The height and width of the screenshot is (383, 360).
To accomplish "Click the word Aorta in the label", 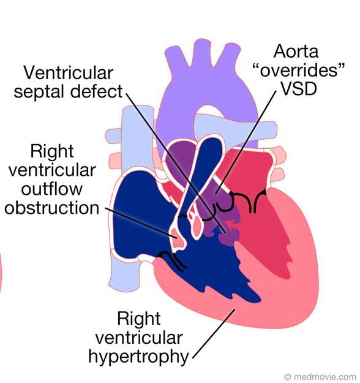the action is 296,51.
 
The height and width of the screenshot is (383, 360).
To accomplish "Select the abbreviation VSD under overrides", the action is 299,88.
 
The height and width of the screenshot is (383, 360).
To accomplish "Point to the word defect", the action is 97,91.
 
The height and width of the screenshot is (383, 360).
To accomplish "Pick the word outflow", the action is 52,189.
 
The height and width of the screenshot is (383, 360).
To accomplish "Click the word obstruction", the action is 52,208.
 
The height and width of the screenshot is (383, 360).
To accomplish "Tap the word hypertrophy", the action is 138,357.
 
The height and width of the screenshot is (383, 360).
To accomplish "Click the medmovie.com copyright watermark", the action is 320,377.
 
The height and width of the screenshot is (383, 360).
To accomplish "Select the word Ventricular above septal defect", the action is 69,72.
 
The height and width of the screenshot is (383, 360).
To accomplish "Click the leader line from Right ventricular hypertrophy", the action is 214,333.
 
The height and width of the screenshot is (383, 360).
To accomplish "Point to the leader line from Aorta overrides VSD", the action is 246,142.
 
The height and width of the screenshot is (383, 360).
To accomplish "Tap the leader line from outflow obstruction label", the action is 141,223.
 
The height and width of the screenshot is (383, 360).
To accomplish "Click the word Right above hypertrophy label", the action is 138,318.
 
